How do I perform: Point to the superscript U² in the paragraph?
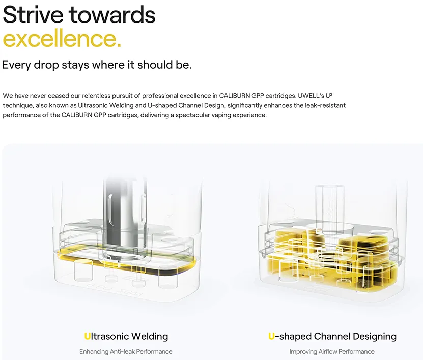[329, 96]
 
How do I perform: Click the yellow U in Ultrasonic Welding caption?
[87, 336]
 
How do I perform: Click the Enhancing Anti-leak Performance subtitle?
[126, 352]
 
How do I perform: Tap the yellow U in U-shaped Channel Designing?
[271, 336]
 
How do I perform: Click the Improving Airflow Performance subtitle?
[332, 352]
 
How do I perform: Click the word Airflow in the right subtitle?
[328, 352]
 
